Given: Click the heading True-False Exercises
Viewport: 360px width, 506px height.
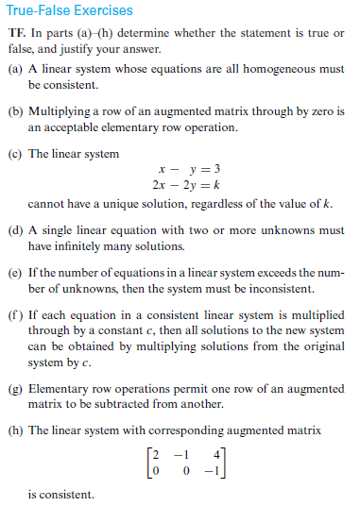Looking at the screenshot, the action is tap(66, 10).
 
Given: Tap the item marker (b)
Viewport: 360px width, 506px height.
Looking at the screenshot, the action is tap(14, 112).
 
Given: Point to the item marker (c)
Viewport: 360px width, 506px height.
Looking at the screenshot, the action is tap(14, 154).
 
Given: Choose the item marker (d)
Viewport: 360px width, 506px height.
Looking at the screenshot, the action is tap(14, 229).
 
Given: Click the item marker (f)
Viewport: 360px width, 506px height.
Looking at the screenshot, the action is tap(14, 313).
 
